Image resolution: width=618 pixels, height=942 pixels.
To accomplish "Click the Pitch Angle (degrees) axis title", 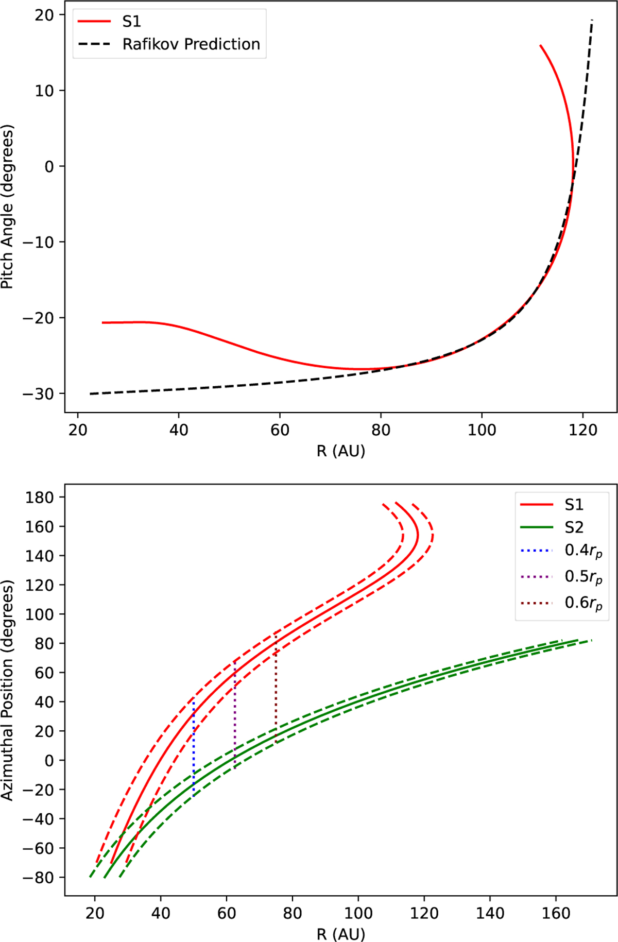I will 7,207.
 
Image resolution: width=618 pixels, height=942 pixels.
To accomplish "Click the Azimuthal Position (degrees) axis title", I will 7,690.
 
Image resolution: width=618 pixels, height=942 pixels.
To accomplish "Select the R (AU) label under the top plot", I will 340,451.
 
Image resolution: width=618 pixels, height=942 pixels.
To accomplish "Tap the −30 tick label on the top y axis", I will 37,394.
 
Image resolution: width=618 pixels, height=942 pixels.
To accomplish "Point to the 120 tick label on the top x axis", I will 582,430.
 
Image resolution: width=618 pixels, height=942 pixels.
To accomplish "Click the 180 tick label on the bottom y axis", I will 39,498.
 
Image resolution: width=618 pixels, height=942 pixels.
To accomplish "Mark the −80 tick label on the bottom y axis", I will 37,878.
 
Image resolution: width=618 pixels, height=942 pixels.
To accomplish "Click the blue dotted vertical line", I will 193,747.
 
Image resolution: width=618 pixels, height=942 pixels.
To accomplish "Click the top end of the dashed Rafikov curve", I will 592,21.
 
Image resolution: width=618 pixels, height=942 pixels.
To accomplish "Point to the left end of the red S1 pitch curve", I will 103,322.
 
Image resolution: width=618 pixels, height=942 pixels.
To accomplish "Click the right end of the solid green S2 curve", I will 577,640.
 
